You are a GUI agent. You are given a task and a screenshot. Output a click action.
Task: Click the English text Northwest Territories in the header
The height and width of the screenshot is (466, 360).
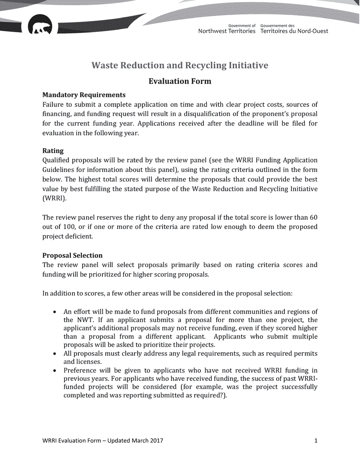[x=227, y=31]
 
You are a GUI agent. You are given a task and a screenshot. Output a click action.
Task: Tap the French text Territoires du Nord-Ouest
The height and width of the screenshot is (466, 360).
[x=294, y=31]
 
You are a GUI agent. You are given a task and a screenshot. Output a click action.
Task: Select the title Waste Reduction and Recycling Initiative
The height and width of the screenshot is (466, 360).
[x=180, y=66]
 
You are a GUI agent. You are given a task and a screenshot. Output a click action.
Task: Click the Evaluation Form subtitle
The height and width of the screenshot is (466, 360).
[x=180, y=81]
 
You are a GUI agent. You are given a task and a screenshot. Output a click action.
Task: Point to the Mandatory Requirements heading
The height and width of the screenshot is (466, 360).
[x=84, y=95]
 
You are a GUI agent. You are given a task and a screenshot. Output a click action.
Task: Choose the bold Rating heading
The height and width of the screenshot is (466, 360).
[x=53, y=151]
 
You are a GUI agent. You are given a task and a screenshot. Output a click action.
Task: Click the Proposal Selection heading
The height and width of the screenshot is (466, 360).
[x=72, y=255]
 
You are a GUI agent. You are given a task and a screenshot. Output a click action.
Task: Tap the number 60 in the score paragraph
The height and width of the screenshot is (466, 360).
[x=313, y=217]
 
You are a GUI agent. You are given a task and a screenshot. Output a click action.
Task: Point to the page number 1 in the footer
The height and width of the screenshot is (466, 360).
[x=316, y=441]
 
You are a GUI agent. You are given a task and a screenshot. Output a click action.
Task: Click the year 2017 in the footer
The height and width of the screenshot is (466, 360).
[x=157, y=441]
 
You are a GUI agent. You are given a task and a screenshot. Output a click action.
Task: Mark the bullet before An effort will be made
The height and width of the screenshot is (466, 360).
[x=55, y=312]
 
